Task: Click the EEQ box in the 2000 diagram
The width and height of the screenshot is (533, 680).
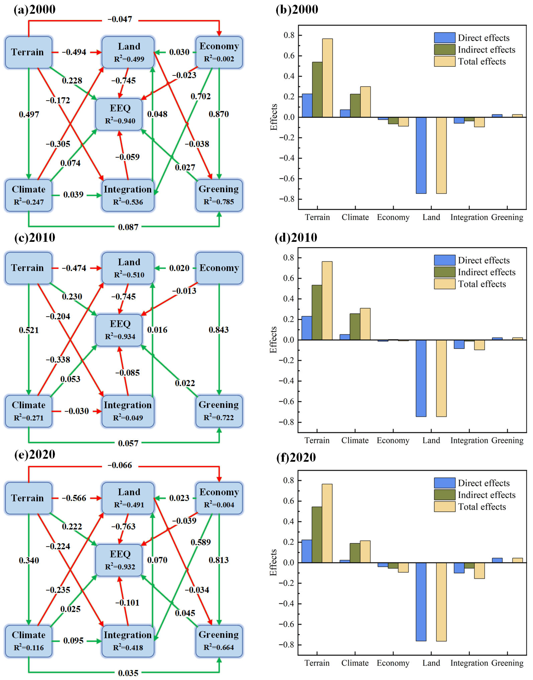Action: click(x=119, y=114)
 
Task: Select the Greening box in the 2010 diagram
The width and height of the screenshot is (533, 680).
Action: click(x=219, y=411)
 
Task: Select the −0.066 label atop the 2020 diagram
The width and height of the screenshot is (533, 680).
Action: click(x=120, y=465)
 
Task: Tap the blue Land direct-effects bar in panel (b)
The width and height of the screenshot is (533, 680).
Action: click(x=421, y=155)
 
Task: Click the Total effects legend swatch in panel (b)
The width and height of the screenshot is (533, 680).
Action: click(x=444, y=61)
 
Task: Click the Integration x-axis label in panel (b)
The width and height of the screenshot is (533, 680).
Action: click(x=469, y=217)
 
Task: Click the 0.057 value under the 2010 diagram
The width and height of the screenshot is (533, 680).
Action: click(x=128, y=443)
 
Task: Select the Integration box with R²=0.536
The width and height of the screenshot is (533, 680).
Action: click(x=128, y=195)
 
